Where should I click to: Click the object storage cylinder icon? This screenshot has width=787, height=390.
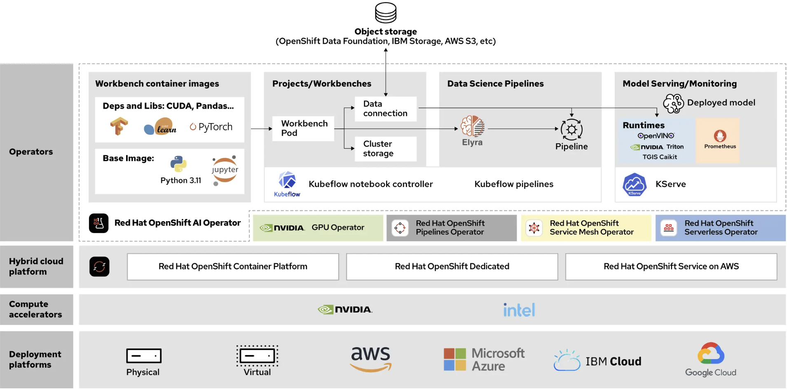coord(386,13)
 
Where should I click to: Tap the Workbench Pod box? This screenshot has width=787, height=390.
coord(303,128)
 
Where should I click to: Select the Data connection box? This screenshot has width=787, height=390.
coord(385,109)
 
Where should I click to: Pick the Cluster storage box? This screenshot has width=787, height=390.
coord(385,149)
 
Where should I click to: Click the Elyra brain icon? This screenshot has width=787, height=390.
coord(472,126)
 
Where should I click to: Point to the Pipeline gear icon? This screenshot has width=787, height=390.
coord(572,130)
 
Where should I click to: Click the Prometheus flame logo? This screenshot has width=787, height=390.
coord(720,135)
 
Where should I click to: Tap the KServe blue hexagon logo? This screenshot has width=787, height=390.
coord(635,184)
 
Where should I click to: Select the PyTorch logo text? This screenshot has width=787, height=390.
coord(211,127)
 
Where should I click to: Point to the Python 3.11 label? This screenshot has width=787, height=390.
coord(181,180)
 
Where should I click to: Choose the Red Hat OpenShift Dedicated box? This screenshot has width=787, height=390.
coord(452,266)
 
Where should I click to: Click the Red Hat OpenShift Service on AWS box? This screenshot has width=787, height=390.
coord(671,266)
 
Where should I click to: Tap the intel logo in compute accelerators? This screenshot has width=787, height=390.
coord(519,310)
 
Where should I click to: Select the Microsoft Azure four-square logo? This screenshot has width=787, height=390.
coord(454,360)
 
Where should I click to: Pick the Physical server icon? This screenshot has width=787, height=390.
coord(143,355)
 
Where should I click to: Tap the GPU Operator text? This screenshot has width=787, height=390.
coord(338,227)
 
